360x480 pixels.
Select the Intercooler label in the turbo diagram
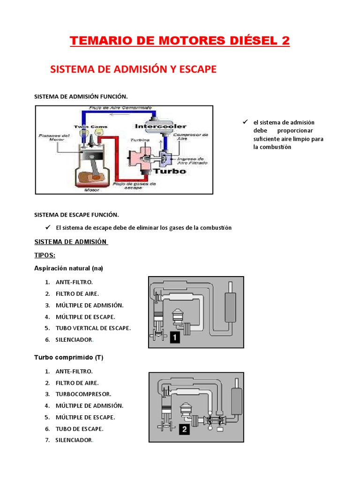click(x=160, y=126)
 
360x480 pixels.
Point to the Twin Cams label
click(x=87, y=127)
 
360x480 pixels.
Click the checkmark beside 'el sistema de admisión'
click(x=244, y=122)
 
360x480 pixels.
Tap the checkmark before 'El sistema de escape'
click(x=47, y=227)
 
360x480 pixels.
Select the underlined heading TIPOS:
click(x=45, y=255)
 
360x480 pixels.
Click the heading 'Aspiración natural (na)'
click(x=68, y=268)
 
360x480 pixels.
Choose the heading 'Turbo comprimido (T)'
click(x=68, y=357)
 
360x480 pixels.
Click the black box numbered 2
click(x=172, y=429)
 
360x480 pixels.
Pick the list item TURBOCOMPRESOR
click(x=83, y=394)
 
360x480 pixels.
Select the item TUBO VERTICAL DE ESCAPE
click(x=93, y=328)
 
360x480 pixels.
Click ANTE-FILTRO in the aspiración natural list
click(x=74, y=282)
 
